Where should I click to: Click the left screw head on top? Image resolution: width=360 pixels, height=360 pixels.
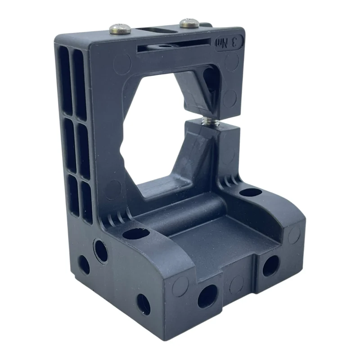(x=120, y=28)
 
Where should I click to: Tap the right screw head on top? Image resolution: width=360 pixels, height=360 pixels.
(x=189, y=23)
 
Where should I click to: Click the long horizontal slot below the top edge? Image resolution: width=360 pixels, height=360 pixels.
(x=174, y=45)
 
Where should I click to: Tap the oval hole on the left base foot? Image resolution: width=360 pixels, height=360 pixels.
(x=136, y=234)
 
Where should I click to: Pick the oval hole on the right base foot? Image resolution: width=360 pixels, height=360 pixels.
(x=251, y=193)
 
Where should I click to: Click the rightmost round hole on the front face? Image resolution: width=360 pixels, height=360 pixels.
(x=271, y=266)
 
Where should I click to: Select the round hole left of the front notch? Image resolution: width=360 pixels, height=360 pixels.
(x=207, y=297)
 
